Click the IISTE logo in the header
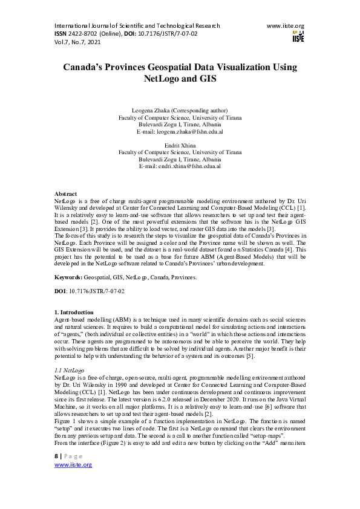298,36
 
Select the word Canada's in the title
87,66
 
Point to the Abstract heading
65,193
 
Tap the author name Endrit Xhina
180,146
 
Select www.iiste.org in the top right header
285,26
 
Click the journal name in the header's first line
137,26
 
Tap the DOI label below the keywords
61,291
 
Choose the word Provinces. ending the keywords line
183,276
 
